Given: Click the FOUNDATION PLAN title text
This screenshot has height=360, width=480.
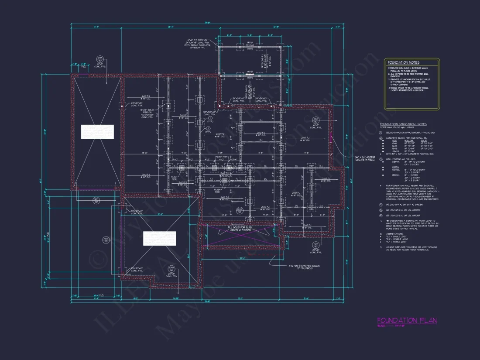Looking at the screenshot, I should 407,321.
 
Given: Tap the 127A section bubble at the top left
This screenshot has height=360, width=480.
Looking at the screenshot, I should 99,58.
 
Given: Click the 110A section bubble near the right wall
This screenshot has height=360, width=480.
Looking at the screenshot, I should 315,120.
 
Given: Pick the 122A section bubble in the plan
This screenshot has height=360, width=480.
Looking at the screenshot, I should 239,211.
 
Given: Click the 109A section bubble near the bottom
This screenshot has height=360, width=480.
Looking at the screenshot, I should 171,269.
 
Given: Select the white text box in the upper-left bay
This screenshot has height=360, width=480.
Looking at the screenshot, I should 97,132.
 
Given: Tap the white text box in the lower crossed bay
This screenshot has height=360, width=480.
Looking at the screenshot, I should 159,239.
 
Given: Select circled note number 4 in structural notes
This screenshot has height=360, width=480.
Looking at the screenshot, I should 381,204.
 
